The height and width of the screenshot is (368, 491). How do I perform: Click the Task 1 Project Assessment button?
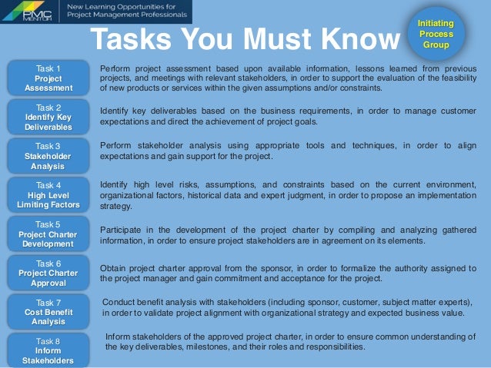(x=48, y=78)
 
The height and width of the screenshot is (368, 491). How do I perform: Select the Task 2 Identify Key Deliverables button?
(x=48, y=116)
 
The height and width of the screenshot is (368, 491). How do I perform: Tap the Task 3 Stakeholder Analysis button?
(x=48, y=155)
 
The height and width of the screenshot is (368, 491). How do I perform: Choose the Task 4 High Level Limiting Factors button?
(x=48, y=195)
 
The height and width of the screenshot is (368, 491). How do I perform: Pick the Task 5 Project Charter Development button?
(x=48, y=234)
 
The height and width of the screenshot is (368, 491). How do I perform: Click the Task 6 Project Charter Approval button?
(x=48, y=273)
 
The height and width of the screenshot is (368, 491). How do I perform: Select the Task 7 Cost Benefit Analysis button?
(x=48, y=312)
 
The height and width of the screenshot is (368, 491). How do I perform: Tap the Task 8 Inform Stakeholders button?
(x=48, y=350)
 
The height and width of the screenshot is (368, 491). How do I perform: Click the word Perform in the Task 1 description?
(x=117, y=69)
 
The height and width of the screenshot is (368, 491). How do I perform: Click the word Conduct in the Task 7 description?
(x=119, y=302)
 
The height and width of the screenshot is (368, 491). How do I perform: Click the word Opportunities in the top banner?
(x=135, y=7)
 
